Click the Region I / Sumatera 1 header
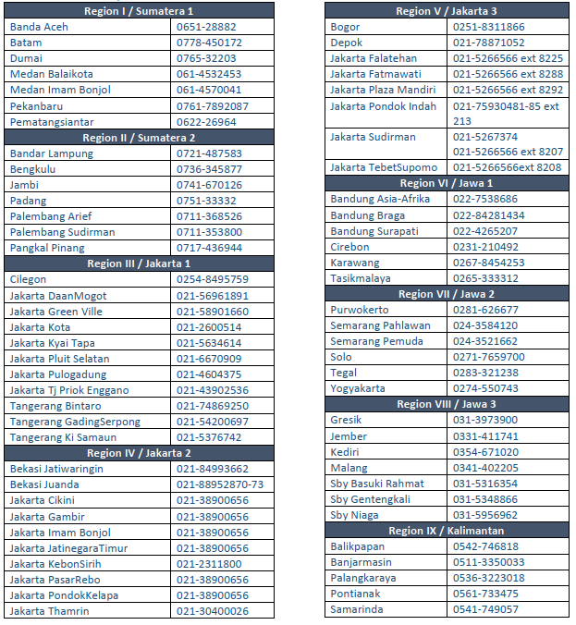[139, 11]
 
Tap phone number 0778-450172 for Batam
[209, 43]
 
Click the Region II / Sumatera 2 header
[139, 138]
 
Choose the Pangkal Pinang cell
[47, 248]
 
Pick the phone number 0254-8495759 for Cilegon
[212, 279]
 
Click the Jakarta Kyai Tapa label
[52, 343]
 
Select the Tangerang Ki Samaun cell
[63, 437]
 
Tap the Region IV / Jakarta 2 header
[139, 453]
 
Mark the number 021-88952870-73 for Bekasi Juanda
[220, 484]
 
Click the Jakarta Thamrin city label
[49, 611]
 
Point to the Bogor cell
[345, 27]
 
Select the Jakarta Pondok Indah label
[383, 106]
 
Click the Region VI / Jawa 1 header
[447, 183]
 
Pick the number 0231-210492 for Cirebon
[485, 247]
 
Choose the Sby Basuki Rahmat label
[377, 484]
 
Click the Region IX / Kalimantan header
[447, 531]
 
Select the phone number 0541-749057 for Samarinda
[485, 609]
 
